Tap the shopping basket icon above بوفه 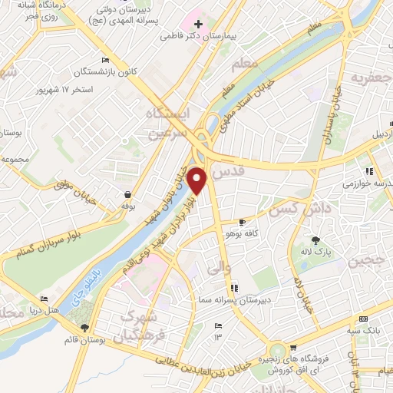click(x=127, y=195)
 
